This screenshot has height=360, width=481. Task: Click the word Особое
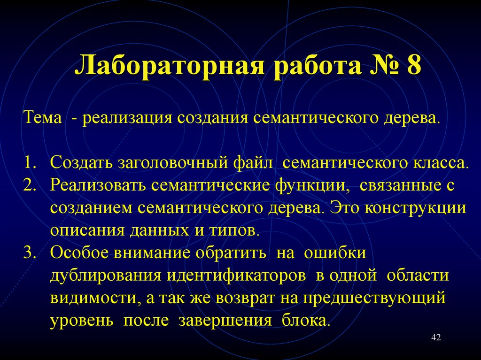click(79, 252)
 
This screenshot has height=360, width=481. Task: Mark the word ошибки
click(335, 252)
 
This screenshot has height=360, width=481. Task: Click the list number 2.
click(30, 184)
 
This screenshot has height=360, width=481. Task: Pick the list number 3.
click(30, 252)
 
